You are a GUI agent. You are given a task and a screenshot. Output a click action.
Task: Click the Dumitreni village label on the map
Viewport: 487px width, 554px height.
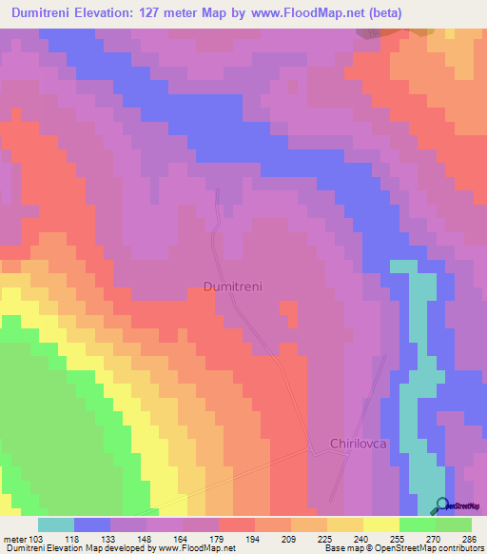232,286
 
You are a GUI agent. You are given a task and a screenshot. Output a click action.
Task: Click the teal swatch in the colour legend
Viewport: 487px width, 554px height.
56,524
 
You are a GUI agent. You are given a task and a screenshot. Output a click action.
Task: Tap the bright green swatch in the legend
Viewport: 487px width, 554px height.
418,524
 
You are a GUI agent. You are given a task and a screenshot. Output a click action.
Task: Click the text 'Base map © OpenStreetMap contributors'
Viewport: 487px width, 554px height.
402,548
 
